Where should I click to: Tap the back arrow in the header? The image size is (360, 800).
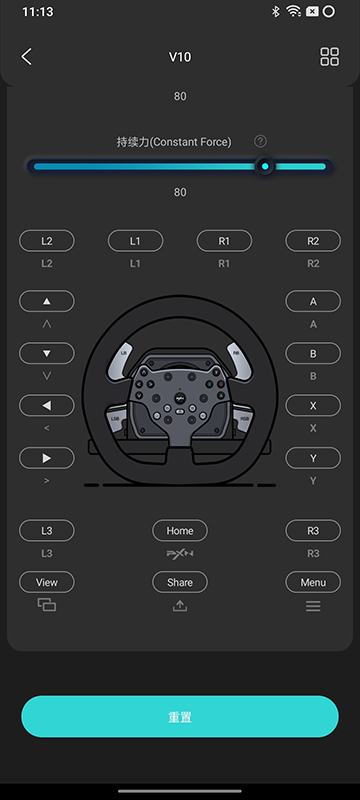27,57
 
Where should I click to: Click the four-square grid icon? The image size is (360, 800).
329,57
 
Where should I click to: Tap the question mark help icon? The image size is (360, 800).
260,141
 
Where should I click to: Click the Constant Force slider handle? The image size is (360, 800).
265,166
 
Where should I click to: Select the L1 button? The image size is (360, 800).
135,241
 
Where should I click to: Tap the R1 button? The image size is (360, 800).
224,241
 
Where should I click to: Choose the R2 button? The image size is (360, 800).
313,241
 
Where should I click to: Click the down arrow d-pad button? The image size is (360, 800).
47,353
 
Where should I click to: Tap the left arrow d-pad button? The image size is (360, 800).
47,406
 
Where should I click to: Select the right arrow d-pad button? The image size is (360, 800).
47,458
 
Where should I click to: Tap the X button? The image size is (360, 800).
313,406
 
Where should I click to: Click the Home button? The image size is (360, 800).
180,531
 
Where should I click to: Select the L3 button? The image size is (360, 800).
47,531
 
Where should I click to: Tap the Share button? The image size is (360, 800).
180,582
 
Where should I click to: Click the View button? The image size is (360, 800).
47,582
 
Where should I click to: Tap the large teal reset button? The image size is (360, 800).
180,716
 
